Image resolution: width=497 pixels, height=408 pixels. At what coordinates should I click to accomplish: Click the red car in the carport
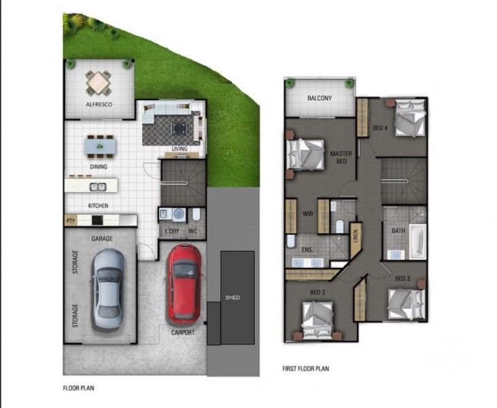click(x=184, y=283)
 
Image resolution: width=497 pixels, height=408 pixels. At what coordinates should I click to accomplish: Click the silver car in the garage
click(x=108, y=289)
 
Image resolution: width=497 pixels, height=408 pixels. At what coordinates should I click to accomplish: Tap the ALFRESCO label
click(x=99, y=105)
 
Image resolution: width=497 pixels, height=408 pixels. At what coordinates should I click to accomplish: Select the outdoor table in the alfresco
click(x=98, y=83)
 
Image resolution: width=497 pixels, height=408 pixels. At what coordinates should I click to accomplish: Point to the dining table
click(x=99, y=145)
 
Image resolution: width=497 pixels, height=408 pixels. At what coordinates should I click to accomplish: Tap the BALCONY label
click(x=320, y=99)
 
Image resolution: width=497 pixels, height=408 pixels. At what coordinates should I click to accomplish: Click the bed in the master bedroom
click(x=307, y=156)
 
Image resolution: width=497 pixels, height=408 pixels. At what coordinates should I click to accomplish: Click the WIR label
click(x=307, y=213)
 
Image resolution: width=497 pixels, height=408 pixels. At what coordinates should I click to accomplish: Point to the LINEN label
click(x=356, y=238)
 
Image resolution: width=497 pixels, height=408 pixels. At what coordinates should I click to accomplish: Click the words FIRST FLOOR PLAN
click(x=305, y=369)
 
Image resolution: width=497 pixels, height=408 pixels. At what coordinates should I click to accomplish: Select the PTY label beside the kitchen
click(x=70, y=221)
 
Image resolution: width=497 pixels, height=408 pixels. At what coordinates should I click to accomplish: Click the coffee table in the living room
click(x=177, y=127)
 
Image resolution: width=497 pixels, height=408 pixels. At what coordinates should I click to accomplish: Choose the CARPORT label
click(x=183, y=333)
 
